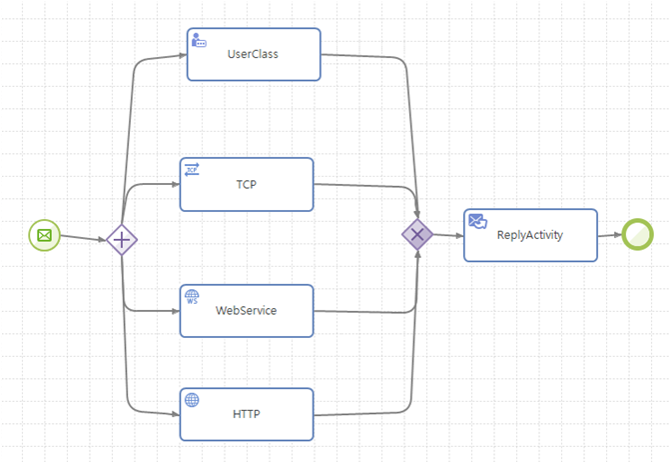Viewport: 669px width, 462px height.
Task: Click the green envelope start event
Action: [x=44, y=236]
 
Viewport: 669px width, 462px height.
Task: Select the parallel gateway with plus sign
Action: [x=122, y=240]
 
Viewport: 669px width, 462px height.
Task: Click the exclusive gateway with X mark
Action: [x=417, y=235]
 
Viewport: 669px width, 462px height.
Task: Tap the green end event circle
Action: [x=636, y=235]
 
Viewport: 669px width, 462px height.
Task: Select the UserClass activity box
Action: [x=254, y=54]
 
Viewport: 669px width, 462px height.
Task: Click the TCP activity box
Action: [x=247, y=184]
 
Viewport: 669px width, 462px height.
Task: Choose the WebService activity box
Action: [x=247, y=310]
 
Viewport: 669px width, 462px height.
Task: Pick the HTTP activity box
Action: [x=247, y=414]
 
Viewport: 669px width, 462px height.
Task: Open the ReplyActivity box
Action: [x=530, y=235]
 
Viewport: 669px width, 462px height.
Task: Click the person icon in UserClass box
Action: [x=199, y=40]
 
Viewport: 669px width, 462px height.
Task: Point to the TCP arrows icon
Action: [x=192, y=169]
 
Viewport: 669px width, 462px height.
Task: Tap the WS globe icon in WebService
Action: [x=192, y=297]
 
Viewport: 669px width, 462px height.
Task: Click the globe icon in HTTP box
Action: [x=192, y=400]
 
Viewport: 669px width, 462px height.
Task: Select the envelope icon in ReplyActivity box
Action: [x=477, y=221]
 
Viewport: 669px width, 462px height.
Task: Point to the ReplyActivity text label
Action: [x=530, y=235]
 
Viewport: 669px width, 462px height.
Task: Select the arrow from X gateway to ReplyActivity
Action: [x=447, y=236]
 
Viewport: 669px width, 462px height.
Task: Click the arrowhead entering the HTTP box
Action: [x=174, y=411]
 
